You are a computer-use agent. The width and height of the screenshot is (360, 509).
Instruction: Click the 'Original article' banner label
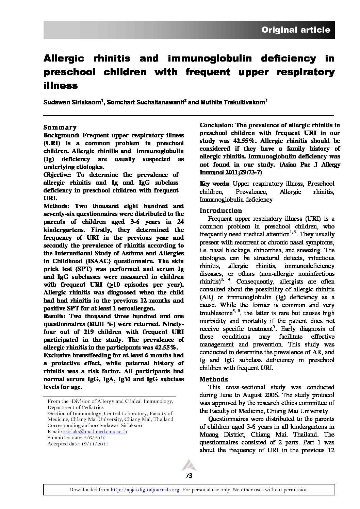tap(295, 30)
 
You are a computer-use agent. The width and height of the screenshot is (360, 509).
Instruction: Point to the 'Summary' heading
tap(60, 128)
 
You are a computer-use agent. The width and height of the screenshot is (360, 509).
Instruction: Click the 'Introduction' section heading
tap(220, 211)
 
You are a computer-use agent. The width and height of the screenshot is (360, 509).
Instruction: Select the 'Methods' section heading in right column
tap(213, 379)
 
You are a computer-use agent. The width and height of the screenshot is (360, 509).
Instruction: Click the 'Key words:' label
tap(215, 184)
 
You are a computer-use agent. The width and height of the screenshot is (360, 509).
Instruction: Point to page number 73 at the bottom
tap(189, 476)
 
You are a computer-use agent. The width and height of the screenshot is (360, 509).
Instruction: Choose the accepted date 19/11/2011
tap(94, 444)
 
